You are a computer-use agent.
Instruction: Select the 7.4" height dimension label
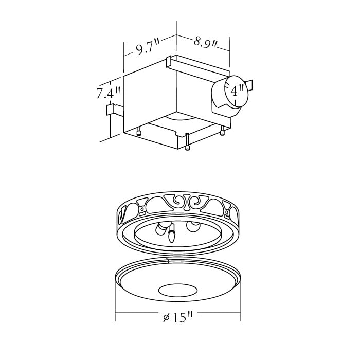pos(108,93)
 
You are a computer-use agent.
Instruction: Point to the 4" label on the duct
pos(237,92)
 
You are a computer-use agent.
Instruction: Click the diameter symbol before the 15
pos(166,318)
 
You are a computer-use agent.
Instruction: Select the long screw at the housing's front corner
pos(188,142)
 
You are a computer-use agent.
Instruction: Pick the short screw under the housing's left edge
pos(139,132)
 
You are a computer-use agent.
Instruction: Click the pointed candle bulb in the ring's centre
pos(171,235)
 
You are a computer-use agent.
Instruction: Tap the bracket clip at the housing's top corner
pos(169,61)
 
